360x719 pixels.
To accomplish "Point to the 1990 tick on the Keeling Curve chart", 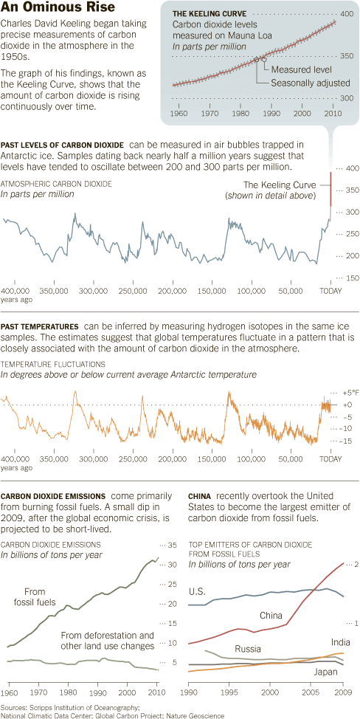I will tap(272, 114).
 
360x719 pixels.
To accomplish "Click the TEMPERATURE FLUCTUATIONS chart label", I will tap(53, 364).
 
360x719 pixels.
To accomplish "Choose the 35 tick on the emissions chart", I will tap(173, 546).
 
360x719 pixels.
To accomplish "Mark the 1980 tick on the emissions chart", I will tap(69, 694).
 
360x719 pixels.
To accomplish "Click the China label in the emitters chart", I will tap(271, 615).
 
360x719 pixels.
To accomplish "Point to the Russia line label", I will tap(249, 649).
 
